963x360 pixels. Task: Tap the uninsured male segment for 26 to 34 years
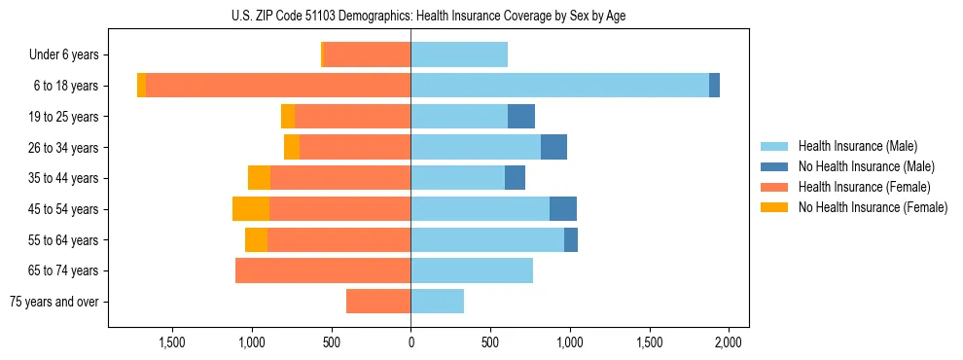pos(553,147)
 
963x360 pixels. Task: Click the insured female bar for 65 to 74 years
pos(323,270)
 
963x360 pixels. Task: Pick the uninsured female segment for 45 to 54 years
pos(251,209)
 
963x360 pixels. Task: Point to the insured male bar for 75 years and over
pos(437,302)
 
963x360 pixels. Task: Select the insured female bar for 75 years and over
pos(378,302)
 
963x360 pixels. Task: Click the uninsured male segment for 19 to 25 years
pos(521,117)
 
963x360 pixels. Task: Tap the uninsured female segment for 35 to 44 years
pos(259,178)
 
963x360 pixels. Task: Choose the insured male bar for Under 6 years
pos(459,54)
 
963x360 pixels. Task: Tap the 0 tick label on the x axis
pos(410,342)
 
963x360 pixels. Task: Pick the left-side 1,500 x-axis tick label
pos(171,342)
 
